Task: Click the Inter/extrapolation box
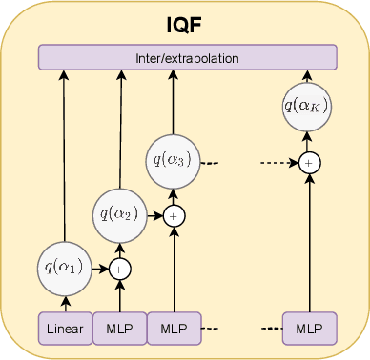click(x=187, y=58)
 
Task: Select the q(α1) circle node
click(x=65, y=268)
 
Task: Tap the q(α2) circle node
click(x=119, y=214)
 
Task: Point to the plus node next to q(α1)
click(x=119, y=270)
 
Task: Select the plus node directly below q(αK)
click(x=308, y=163)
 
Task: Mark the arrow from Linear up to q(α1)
click(x=65, y=303)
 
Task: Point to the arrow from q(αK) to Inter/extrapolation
click(x=308, y=78)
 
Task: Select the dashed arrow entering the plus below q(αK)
click(x=281, y=163)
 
